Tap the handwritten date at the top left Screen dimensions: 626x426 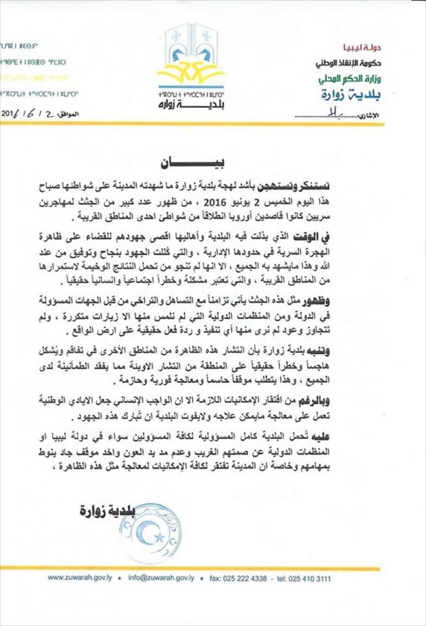coord(27,112)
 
